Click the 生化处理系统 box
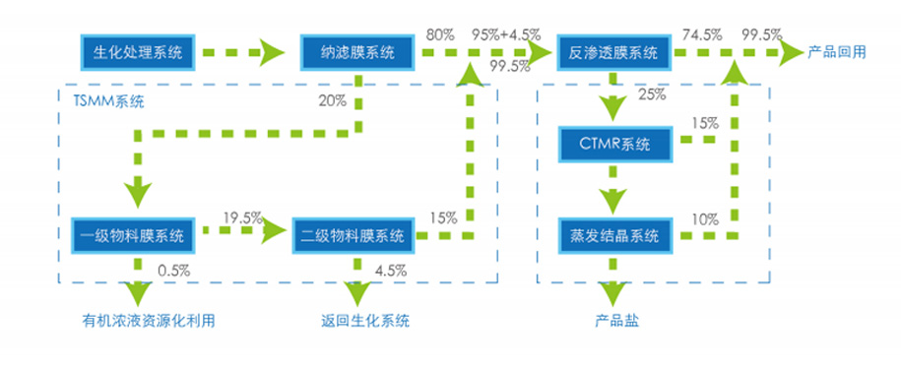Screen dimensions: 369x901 (x=137, y=52)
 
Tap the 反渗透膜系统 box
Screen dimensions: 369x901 (x=614, y=52)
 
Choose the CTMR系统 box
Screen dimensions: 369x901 (x=614, y=144)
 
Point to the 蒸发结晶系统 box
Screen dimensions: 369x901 (x=614, y=236)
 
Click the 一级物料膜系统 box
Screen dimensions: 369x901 (x=137, y=236)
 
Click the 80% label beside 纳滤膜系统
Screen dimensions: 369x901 (x=439, y=33)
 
